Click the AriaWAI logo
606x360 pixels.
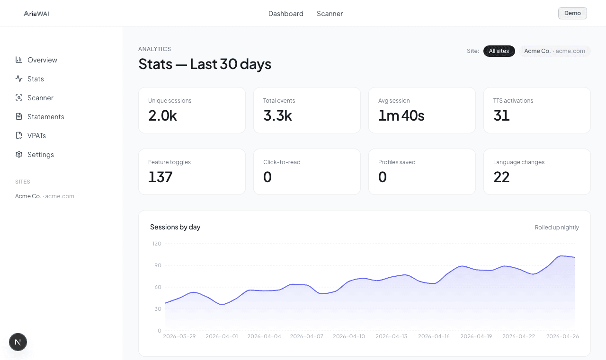pyautogui.click(x=36, y=13)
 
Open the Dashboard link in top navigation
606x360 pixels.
pyautogui.click(x=285, y=13)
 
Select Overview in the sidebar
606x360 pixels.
pyautogui.click(x=42, y=60)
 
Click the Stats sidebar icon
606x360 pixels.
pyautogui.click(x=19, y=79)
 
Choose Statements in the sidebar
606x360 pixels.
pyautogui.click(x=45, y=117)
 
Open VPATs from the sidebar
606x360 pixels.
pyautogui.click(x=36, y=136)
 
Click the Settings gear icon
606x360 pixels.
pyautogui.click(x=19, y=155)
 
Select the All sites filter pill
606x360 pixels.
pyautogui.click(x=499, y=51)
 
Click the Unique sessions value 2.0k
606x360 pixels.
pyautogui.click(x=162, y=115)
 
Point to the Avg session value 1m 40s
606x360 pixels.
pyautogui.click(x=401, y=115)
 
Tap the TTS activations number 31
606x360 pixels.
pyautogui.click(x=501, y=115)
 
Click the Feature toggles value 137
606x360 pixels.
pyautogui.click(x=160, y=177)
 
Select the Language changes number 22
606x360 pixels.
pyautogui.click(x=501, y=177)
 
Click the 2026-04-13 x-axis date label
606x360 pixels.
pyautogui.click(x=391, y=336)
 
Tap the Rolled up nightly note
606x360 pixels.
pyautogui.click(x=557, y=228)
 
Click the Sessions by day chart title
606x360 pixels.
pyautogui.click(x=175, y=227)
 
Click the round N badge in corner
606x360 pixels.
pyautogui.click(x=18, y=342)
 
